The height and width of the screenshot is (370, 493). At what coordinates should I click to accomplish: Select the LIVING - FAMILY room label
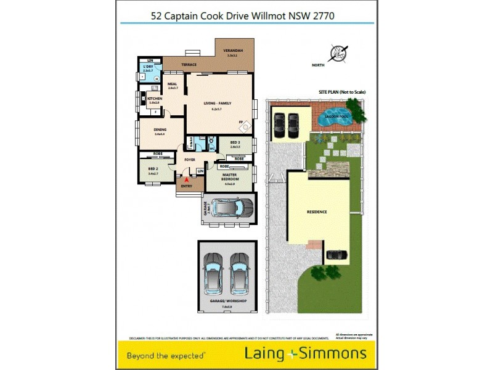click(x=218, y=103)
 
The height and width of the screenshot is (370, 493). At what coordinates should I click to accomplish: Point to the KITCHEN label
click(x=155, y=99)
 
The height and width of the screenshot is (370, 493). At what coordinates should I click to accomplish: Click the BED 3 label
click(x=235, y=142)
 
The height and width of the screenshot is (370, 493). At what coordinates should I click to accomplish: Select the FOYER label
click(x=189, y=159)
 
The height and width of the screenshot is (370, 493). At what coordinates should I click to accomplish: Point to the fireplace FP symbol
click(x=241, y=122)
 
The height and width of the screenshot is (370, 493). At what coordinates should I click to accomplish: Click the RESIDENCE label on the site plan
click(x=317, y=212)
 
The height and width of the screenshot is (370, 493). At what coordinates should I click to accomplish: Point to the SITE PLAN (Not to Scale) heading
click(x=342, y=92)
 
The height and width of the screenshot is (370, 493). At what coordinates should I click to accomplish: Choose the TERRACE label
click(x=189, y=64)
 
